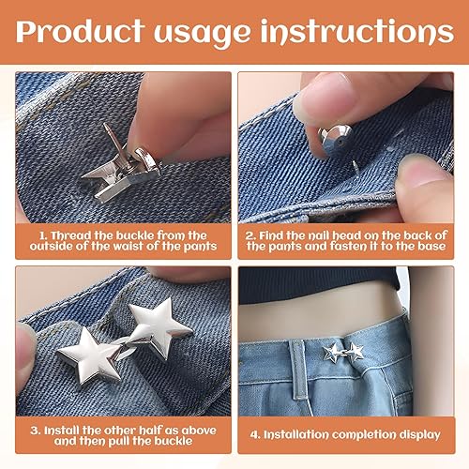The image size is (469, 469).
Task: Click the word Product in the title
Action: click(x=80, y=31)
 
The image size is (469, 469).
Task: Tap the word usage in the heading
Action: click(x=202, y=35)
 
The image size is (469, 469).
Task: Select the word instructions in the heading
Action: click(x=357, y=32)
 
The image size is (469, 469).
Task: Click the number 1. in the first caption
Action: click(x=43, y=235)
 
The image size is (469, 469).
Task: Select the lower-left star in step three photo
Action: click(x=88, y=356)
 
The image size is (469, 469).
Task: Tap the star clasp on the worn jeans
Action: click(x=343, y=353)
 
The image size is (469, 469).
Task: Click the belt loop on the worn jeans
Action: click(x=298, y=370)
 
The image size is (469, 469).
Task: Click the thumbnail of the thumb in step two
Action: click(x=424, y=171)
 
